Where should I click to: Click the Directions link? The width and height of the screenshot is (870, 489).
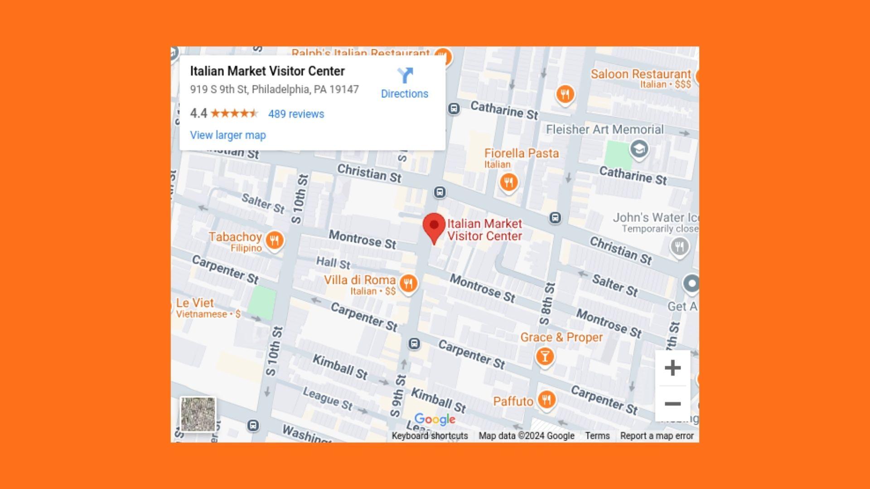click(404, 83)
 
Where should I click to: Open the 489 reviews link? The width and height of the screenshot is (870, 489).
click(296, 114)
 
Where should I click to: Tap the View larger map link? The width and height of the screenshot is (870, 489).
click(228, 135)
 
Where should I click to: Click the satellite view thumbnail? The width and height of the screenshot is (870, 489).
click(198, 414)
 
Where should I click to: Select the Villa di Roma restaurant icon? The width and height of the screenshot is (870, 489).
click(408, 284)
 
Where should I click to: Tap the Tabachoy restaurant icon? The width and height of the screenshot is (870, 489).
click(275, 240)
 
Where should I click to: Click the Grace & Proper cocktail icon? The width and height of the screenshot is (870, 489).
click(545, 357)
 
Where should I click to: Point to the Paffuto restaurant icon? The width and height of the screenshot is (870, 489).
click(547, 400)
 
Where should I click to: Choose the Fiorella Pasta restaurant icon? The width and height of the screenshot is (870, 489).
click(509, 182)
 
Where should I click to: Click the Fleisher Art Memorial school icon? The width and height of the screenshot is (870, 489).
click(639, 149)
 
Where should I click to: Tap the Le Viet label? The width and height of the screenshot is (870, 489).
click(195, 303)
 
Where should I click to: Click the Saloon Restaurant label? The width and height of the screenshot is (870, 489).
click(641, 74)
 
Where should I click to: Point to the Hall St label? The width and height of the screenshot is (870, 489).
click(333, 262)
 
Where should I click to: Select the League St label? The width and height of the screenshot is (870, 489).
click(328, 398)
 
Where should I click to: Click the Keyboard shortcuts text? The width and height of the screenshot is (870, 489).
click(430, 436)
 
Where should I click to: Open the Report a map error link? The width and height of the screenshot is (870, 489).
click(657, 436)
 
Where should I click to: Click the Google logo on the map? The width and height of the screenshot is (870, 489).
click(435, 419)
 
